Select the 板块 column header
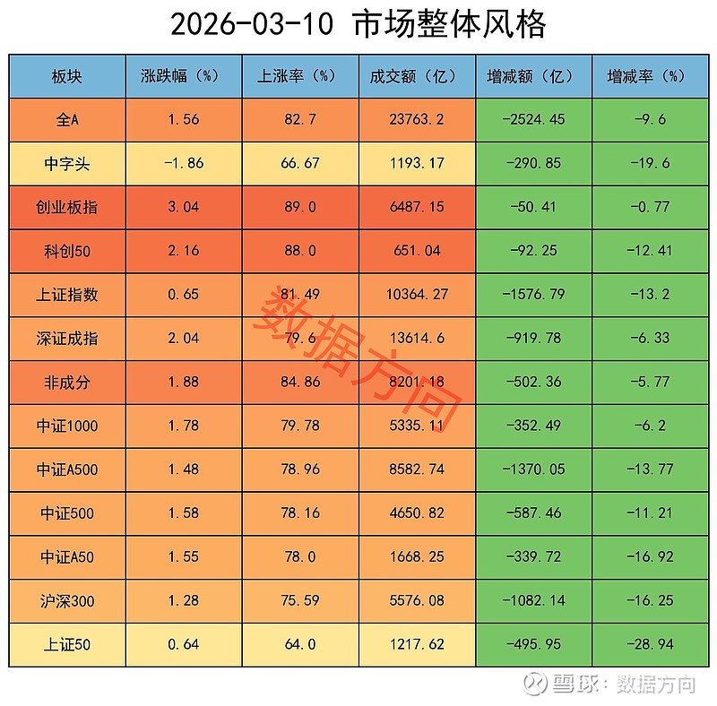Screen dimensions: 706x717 tap(67, 76)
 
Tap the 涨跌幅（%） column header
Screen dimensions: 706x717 tap(183, 76)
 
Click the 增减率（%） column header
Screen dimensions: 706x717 tap(649, 76)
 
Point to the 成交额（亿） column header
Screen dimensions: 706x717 tap(418, 76)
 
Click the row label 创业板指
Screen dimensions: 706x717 tap(67, 207)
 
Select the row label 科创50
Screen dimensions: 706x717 tap(67, 251)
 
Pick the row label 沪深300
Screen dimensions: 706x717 tap(67, 600)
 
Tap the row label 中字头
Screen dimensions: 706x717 tap(67, 164)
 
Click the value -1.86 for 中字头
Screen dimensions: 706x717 tap(183, 164)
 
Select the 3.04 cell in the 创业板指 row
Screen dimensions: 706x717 tap(183, 207)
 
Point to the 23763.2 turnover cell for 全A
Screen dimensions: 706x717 tap(418, 119)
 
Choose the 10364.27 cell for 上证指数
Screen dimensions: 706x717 tap(418, 295)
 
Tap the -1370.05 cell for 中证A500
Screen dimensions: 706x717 tap(534, 469)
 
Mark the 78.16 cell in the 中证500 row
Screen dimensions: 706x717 tap(300, 513)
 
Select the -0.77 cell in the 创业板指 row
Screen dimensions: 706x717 tap(649, 207)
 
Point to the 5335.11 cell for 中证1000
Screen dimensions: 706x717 tap(418, 426)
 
